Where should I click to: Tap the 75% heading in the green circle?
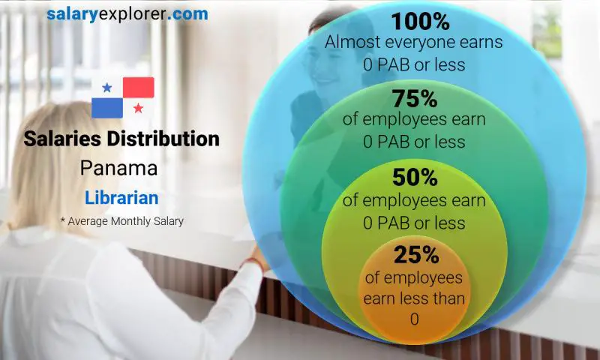pyautogui.click(x=414, y=98)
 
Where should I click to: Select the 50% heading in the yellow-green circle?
pyautogui.click(x=414, y=178)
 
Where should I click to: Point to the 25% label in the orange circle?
pyautogui.click(x=414, y=256)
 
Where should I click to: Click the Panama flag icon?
pyautogui.click(x=123, y=97)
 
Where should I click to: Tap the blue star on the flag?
pyautogui.click(x=107, y=88)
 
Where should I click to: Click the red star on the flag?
pyautogui.click(x=139, y=108)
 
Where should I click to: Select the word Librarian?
pyautogui.click(x=121, y=198)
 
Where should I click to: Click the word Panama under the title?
pyautogui.click(x=119, y=168)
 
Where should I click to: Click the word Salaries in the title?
pyautogui.click(x=59, y=139)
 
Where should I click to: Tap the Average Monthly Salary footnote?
pyautogui.click(x=121, y=221)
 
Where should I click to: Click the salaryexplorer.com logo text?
pyautogui.click(x=127, y=13)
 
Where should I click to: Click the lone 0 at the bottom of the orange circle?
pyautogui.click(x=414, y=319)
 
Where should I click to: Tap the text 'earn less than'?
pyautogui.click(x=414, y=298)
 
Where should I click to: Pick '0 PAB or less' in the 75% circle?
pyautogui.click(x=414, y=141)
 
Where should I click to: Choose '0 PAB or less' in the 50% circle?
pyautogui.click(x=414, y=222)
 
